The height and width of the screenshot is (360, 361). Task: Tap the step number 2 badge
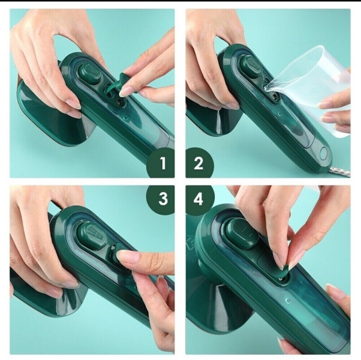(x=199, y=163)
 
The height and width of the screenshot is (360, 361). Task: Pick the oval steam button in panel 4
(x=242, y=234)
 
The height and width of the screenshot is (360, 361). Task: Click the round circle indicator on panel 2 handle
(x=324, y=153)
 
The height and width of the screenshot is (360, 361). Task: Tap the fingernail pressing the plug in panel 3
(x=121, y=254)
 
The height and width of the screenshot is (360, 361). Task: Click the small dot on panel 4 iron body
(x=288, y=301)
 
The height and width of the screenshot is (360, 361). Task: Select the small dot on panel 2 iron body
(x=280, y=114)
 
